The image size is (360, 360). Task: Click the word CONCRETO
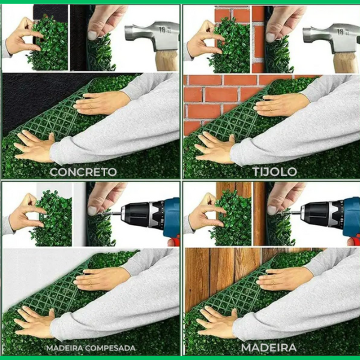[83, 172]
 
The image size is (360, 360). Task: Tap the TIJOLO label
[275, 172]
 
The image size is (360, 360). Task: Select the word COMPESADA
[110, 348]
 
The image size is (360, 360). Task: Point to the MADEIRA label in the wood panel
[269, 347]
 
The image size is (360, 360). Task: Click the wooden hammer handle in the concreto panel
[167, 61]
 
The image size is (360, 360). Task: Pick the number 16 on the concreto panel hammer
[163, 29]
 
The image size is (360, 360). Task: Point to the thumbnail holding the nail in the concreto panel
[92, 35]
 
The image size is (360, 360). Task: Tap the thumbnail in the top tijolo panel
[271, 37]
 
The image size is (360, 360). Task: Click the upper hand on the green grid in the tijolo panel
[281, 104]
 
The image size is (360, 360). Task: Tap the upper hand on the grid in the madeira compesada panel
[101, 278]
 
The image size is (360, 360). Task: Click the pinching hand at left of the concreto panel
[23, 37]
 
